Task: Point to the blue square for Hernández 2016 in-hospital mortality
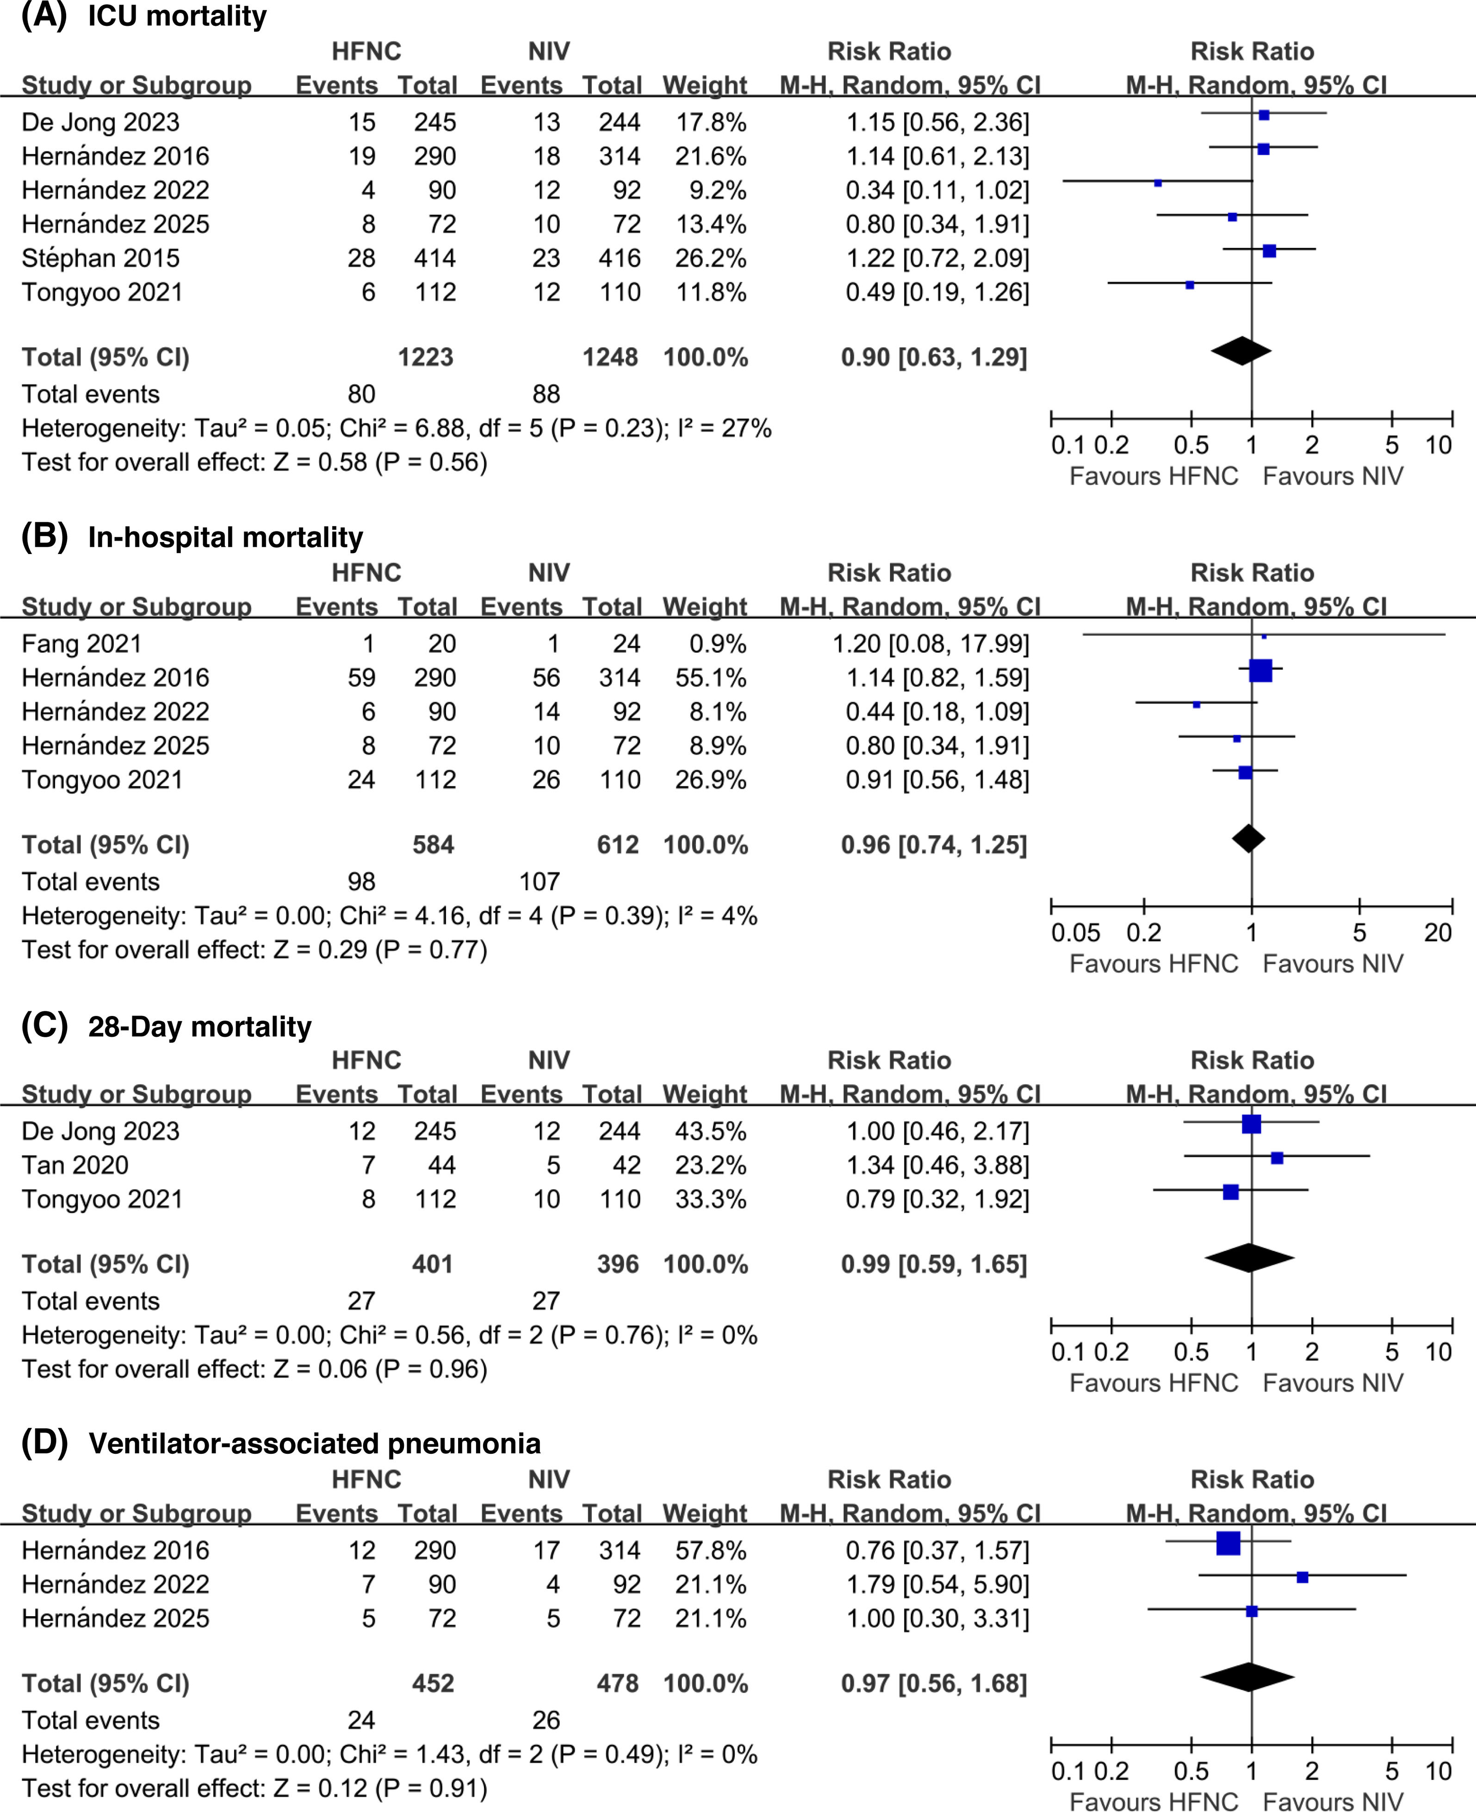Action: pos(1261,671)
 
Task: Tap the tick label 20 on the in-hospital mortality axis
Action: pos(1438,933)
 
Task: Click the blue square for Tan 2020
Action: pos(1277,1158)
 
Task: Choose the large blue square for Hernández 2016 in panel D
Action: pos(1228,1543)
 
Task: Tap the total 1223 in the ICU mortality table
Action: pos(426,357)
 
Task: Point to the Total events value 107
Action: pos(540,882)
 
